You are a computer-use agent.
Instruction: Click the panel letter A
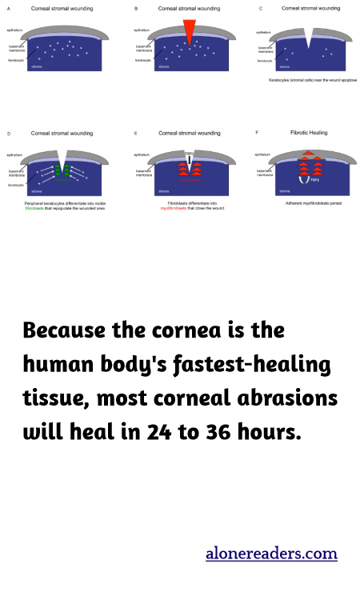coord(7,8)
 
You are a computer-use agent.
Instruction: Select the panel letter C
coord(261,8)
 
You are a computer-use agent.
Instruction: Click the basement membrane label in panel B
coord(146,48)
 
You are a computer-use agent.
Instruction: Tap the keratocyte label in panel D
coord(16,185)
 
